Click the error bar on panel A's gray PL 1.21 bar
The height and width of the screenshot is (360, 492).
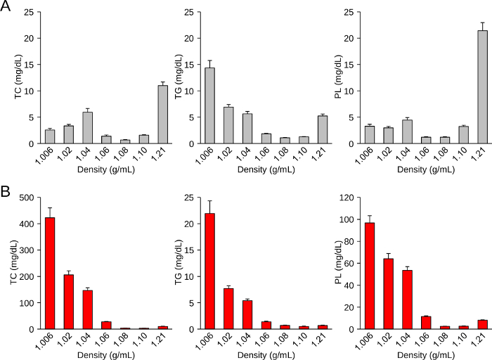[482, 26]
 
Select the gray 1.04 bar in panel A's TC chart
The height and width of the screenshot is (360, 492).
[87, 127]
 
